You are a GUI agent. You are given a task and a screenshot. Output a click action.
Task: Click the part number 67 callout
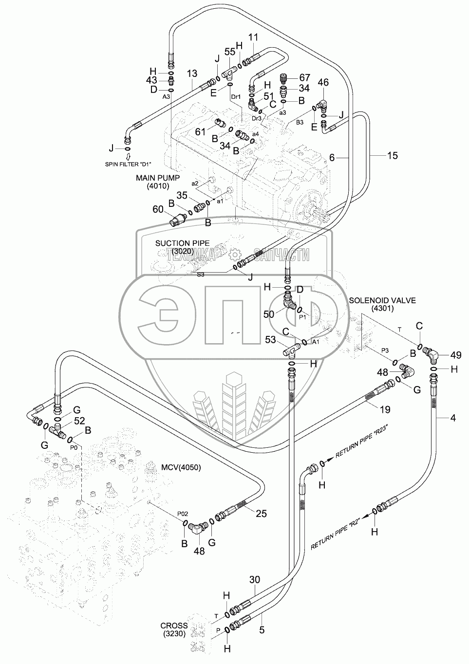304,77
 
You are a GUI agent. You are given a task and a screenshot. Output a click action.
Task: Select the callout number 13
192,73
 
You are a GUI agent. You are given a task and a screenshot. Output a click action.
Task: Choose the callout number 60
158,209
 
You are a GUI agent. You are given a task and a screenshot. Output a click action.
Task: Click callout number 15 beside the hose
393,156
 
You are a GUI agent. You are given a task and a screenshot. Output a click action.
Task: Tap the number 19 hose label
386,409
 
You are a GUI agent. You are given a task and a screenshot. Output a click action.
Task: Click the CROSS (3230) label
174,629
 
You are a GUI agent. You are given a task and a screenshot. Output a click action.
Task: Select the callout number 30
255,579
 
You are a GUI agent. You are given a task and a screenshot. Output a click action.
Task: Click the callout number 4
453,418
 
